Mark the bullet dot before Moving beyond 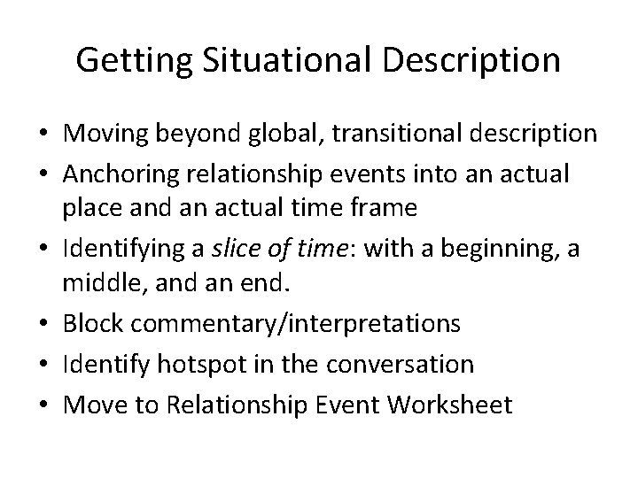click(x=43, y=135)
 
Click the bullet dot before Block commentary click(x=43, y=324)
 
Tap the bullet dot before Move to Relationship click(x=43, y=405)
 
